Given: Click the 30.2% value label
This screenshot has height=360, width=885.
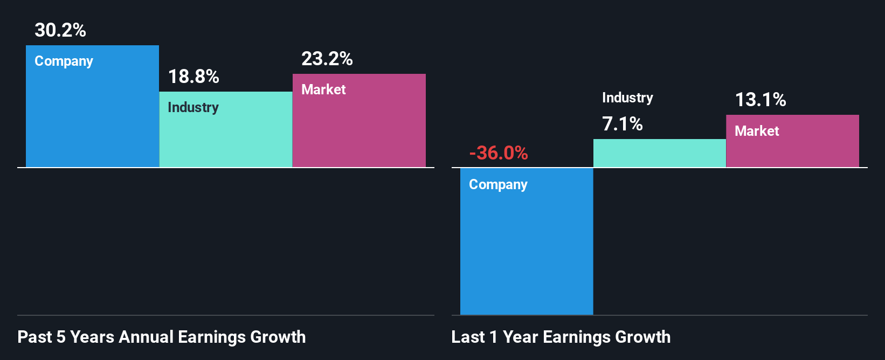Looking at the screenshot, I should point(60,30).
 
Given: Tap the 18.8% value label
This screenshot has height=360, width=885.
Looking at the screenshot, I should point(193,77).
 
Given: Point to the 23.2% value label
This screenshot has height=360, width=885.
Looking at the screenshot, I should point(327,59).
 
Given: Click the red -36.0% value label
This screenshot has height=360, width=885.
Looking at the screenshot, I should point(499,153).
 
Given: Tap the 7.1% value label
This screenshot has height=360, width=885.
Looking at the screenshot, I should point(623,124).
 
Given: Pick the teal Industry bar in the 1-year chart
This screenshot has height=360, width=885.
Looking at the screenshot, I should point(660,153).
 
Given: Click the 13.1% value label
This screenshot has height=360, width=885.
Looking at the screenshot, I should point(760,100).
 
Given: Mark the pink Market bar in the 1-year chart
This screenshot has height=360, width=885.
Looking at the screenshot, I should point(792,148).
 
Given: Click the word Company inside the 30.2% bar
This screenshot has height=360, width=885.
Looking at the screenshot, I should point(64,61).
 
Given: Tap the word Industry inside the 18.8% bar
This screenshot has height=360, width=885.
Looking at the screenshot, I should point(193,107).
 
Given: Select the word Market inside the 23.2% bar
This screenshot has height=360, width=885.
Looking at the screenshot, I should point(323,89).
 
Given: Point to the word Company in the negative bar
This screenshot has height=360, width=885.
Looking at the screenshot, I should point(498,185).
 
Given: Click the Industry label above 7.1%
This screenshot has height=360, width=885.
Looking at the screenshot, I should point(627,98).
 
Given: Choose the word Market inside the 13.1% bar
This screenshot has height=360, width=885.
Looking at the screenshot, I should point(757,131).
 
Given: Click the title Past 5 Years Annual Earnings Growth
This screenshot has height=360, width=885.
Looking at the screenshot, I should point(162,337).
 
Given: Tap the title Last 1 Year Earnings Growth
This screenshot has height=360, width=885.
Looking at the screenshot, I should point(561,337).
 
